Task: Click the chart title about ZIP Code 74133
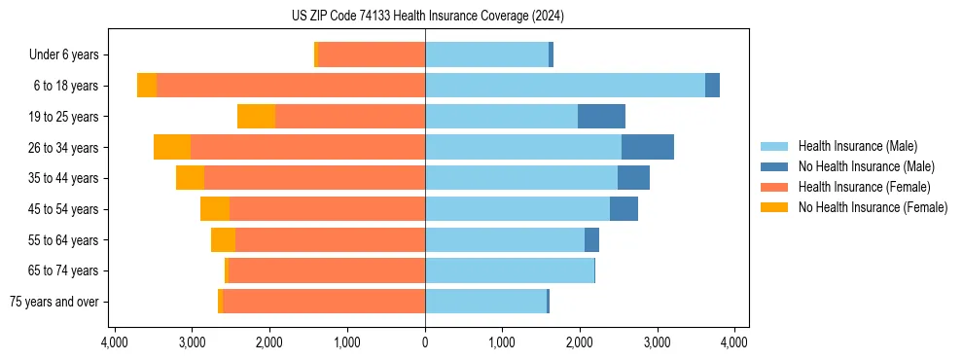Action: (425, 17)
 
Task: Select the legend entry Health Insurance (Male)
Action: (857, 146)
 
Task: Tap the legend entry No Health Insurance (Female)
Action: (873, 207)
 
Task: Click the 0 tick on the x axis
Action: (425, 342)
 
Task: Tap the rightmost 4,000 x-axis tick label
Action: (734, 342)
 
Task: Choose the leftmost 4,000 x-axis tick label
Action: (115, 342)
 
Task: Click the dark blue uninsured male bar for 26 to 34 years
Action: (648, 147)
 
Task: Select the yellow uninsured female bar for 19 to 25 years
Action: (256, 117)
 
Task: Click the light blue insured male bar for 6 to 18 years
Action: (564, 86)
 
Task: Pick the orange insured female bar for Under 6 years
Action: (372, 55)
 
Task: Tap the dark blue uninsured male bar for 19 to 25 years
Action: (601, 117)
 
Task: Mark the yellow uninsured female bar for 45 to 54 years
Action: (215, 209)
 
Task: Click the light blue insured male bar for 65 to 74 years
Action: (509, 270)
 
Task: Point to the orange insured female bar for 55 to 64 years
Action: (330, 240)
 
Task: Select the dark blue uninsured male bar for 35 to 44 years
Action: (633, 178)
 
